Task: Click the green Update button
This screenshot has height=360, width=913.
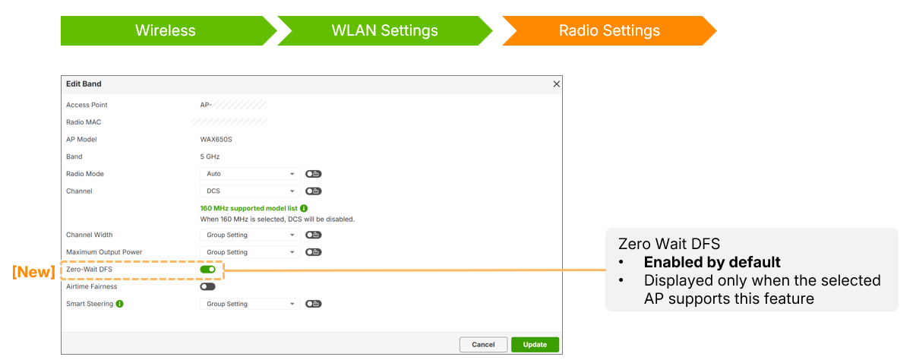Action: pos(535,345)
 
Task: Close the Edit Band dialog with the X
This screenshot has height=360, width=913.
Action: pos(556,84)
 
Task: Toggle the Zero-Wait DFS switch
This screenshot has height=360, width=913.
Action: pos(207,269)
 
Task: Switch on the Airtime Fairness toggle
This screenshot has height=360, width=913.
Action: pos(207,286)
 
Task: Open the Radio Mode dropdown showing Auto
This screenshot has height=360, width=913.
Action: pos(250,174)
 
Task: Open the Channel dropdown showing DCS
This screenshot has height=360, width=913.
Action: pos(250,191)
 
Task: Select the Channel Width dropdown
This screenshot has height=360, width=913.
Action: pos(250,235)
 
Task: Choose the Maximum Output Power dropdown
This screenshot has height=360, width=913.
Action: pos(250,252)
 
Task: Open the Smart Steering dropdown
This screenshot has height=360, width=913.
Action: pos(250,304)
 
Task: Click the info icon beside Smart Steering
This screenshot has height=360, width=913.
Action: pos(119,304)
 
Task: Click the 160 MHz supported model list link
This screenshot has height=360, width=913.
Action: pos(248,208)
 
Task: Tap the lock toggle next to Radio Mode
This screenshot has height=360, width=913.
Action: pos(314,174)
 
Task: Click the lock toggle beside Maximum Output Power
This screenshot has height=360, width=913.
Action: pos(314,252)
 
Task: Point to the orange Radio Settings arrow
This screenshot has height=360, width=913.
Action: pos(609,30)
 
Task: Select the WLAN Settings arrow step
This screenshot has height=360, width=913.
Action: pos(385,30)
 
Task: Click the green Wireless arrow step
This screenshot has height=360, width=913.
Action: pos(166,30)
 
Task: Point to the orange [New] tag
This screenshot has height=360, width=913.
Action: pos(33,272)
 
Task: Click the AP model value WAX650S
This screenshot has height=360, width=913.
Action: pos(216,140)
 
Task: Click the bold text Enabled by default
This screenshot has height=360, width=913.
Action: pos(712,262)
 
